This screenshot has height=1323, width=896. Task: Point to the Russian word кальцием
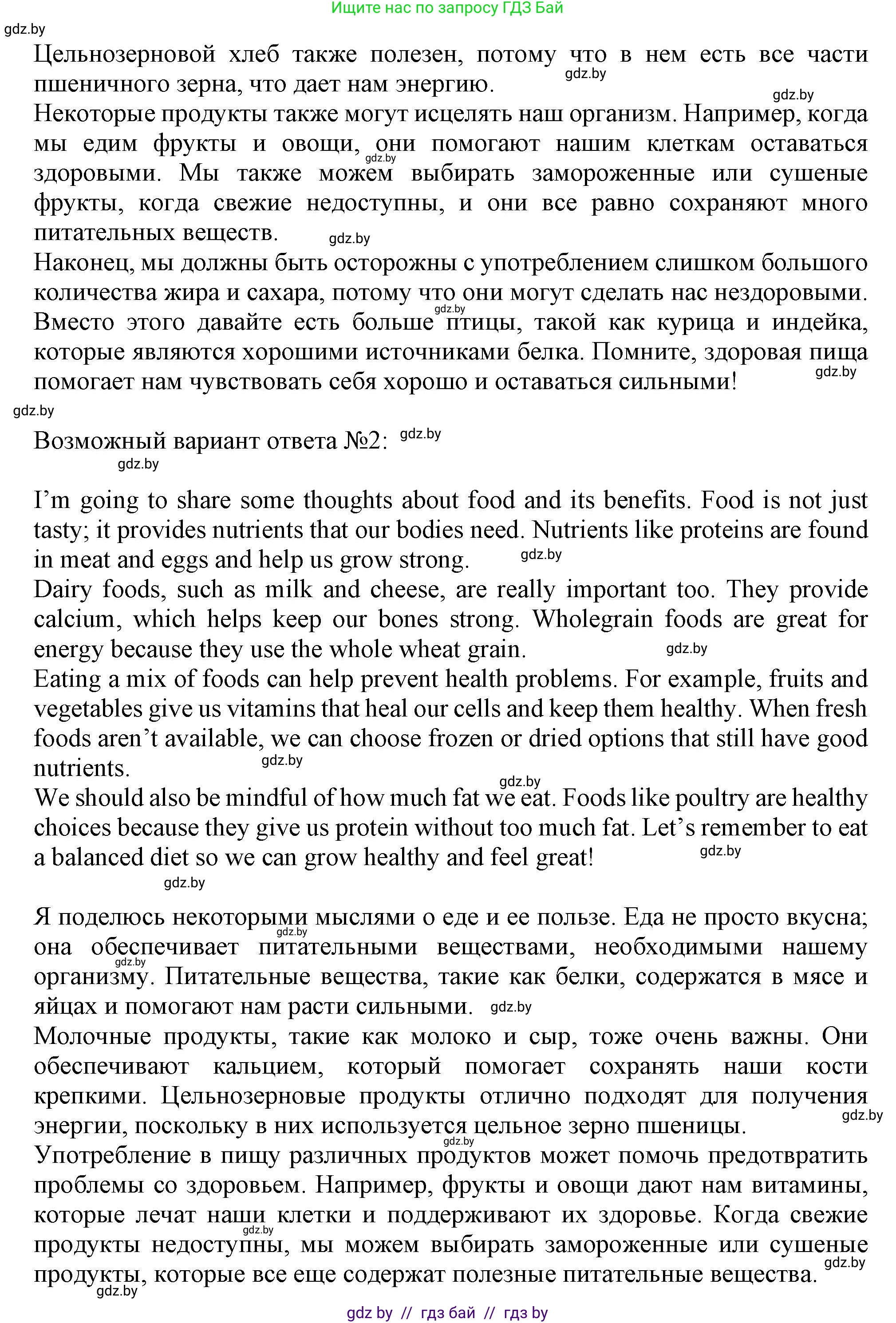[268, 1066]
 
